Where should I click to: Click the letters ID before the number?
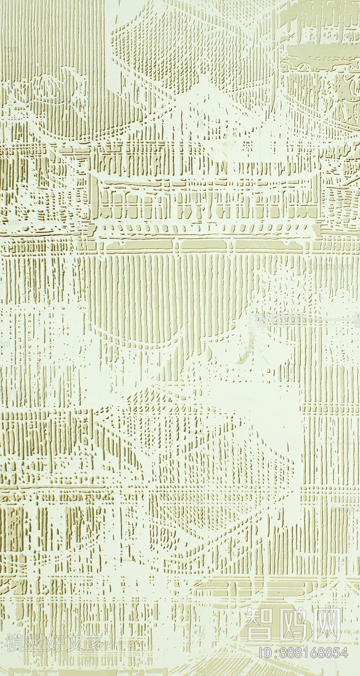tap(265, 653)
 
